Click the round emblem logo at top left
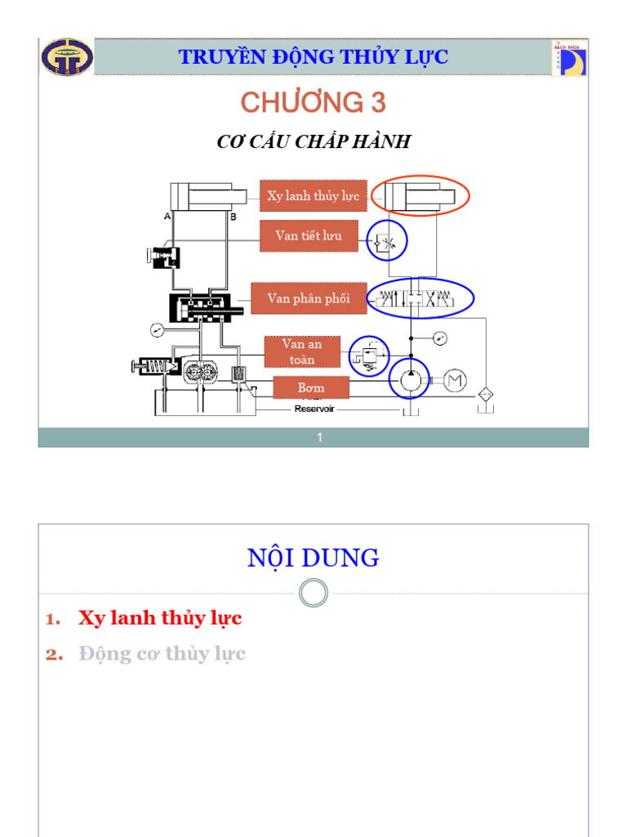pyautogui.click(x=68, y=57)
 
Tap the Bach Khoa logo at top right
pyautogui.click(x=568, y=58)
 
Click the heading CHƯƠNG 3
pyautogui.click(x=313, y=103)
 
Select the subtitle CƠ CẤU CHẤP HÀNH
pyautogui.click(x=313, y=142)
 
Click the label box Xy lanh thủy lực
pyautogui.click(x=313, y=196)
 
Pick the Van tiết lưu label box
pyautogui.click(x=309, y=235)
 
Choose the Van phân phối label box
pyautogui.click(x=309, y=298)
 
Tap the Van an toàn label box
pyautogui.click(x=302, y=351)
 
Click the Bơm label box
pyautogui.click(x=311, y=387)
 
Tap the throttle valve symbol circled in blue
pyautogui.click(x=387, y=240)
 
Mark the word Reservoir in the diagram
pyautogui.click(x=314, y=408)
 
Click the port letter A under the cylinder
pyautogui.click(x=167, y=217)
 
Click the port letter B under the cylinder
pyautogui.click(x=233, y=217)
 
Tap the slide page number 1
pyautogui.click(x=320, y=437)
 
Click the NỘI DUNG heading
pyautogui.click(x=313, y=558)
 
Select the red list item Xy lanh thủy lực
pyautogui.click(x=160, y=618)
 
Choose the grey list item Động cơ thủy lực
pyautogui.click(x=162, y=654)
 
